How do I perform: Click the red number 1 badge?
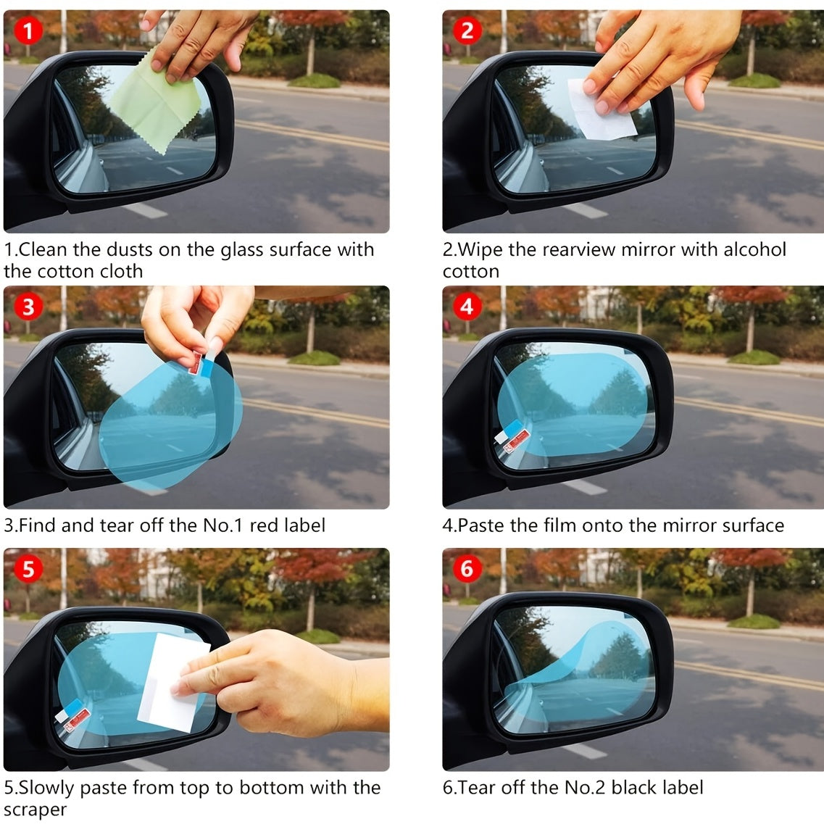pyautogui.click(x=28, y=30)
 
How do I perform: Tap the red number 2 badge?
pyautogui.click(x=467, y=30)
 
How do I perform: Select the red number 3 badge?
pyautogui.click(x=28, y=307)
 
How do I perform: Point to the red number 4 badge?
pyautogui.click(x=467, y=307)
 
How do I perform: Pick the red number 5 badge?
pyautogui.click(x=28, y=569)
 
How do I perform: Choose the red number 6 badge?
pyautogui.click(x=467, y=569)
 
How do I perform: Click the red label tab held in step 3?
pyautogui.click(x=196, y=362)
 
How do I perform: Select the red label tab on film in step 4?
pyautogui.click(x=516, y=438)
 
